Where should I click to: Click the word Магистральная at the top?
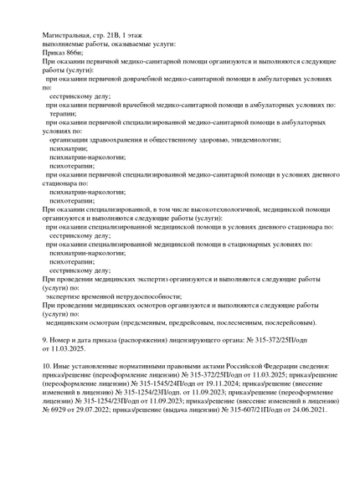click(69, 34)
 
